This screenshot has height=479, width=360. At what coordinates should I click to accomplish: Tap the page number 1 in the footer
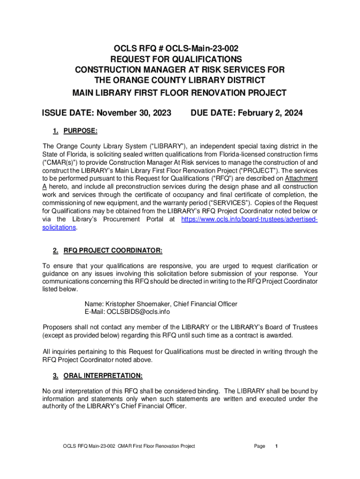point(277,446)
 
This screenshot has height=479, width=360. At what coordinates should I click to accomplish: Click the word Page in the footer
point(259,446)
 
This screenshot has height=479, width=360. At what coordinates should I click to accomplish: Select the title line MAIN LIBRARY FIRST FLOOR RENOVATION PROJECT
point(179,93)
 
